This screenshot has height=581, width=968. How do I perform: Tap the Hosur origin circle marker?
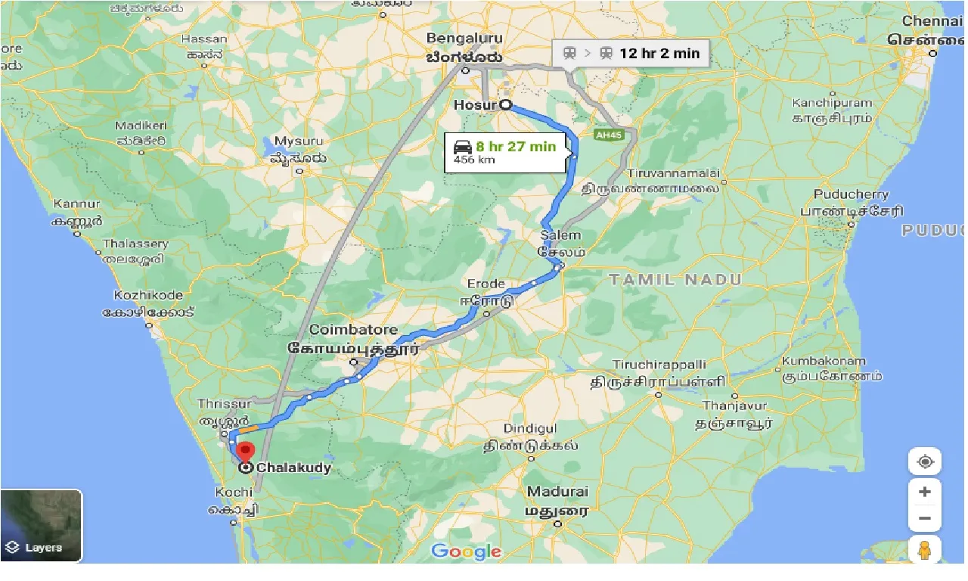click(504, 105)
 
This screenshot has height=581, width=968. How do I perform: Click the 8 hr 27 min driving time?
click(516, 146)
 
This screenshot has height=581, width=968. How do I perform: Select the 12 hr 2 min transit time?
click(659, 53)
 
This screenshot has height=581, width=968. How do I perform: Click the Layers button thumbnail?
click(42, 525)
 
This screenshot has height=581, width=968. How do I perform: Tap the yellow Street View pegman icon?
click(924, 551)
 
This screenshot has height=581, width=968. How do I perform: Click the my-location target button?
click(924, 461)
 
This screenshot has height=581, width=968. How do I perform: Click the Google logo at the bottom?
click(467, 551)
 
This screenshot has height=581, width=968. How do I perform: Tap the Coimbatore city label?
click(353, 330)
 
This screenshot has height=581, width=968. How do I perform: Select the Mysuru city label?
click(298, 141)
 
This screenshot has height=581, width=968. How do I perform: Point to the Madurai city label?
click(558, 492)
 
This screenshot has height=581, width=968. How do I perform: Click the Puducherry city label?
click(851, 194)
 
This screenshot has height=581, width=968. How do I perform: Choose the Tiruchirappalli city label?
click(659, 364)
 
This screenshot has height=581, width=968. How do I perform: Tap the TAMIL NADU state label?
click(675, 280)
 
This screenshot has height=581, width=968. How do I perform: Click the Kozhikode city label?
click(147, 295)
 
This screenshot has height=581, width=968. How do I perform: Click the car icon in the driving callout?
click(463, 147)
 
